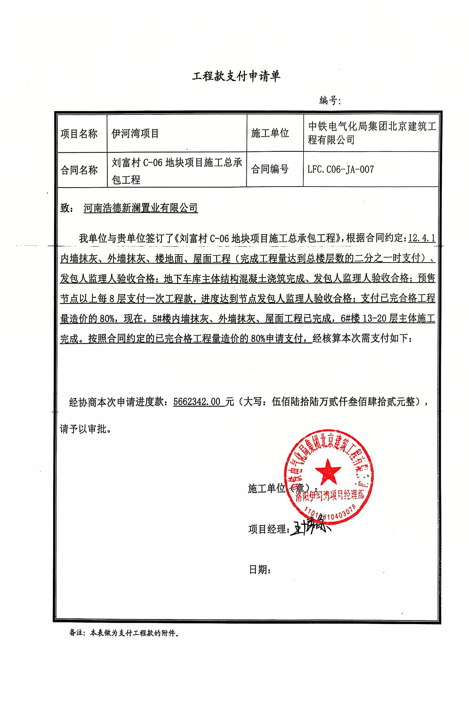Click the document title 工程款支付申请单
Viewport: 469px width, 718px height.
pos(236,76)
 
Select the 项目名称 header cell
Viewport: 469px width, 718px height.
pos(79,134)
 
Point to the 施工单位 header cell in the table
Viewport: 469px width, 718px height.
pos(270,133)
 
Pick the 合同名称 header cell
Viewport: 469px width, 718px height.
pos(79,170)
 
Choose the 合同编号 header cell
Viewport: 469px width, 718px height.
pos(270,169)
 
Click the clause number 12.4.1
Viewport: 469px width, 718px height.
pos(421,238)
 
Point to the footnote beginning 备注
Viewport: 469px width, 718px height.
pos(124,633)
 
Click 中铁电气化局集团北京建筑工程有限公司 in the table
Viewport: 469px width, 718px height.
pos(372,133)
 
